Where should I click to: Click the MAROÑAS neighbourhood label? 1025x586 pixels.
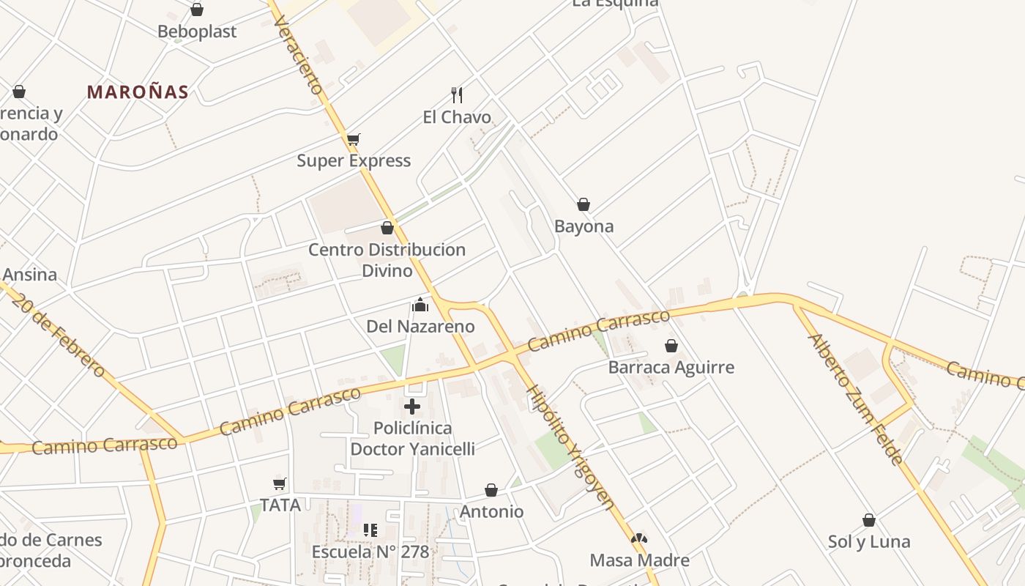coord(138,92)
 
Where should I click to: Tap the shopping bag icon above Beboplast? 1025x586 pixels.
coord(196,10)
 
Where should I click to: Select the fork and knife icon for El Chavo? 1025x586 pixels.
coord(457,94)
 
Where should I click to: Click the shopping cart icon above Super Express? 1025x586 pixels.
coord(354,139)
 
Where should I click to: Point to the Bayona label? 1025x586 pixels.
coord(584,226)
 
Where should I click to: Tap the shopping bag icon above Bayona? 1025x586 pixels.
coord(584,204)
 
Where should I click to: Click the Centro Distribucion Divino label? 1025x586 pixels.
coord(387,260)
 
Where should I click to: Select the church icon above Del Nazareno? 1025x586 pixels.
coord(420,305)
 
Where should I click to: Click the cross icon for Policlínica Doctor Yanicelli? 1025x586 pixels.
coord(412,406)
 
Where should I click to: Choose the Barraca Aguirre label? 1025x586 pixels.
coord(671,367)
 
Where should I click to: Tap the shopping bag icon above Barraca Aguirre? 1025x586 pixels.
coord(671,346)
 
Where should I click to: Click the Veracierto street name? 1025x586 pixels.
coord(298,55)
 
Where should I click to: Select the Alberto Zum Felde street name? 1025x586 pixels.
coord(855,399)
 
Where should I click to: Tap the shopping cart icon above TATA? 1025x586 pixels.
coord(280,483)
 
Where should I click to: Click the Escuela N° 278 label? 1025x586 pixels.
coord(370,552)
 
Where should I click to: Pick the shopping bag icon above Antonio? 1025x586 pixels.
coord(491,490)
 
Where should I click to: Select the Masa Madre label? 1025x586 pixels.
coord(639,560)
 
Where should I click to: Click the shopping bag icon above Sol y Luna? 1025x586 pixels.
coord(869,520)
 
